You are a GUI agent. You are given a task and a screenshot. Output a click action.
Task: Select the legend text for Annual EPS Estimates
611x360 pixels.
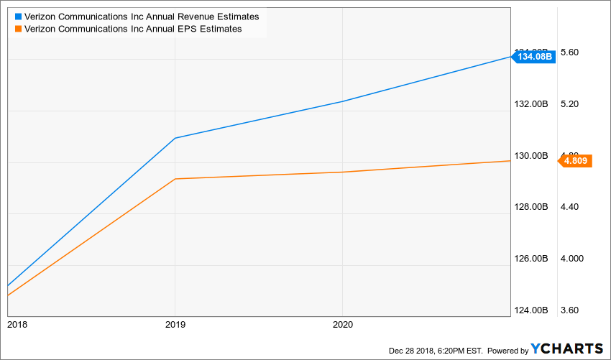pos(133,29)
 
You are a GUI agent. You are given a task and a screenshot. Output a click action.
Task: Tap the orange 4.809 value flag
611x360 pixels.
pos(576,161)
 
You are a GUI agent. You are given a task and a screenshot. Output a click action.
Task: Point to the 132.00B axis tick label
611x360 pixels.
pos(533,104)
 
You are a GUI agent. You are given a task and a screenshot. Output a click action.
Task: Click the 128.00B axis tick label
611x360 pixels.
pos(533,207)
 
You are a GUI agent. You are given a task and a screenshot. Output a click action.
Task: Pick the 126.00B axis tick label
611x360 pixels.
pos(533,259)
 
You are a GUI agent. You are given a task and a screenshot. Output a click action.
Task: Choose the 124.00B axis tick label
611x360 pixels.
pos(533,310)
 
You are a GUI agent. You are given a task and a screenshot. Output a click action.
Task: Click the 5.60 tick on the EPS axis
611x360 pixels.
pos(569,52)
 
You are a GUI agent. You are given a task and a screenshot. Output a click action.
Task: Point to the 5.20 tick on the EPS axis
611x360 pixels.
pos(569,104)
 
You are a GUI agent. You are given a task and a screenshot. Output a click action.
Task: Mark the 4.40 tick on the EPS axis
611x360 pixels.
pos(569,207)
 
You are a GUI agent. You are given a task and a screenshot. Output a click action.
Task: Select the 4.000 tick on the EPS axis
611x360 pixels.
pos(571,259)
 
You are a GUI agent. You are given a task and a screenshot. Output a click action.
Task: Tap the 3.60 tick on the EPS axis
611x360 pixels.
pos(569,310)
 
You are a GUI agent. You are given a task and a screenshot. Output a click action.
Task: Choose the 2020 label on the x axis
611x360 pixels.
pos(342,324)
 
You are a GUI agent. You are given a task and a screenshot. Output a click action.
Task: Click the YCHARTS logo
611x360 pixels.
pos(567,349)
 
